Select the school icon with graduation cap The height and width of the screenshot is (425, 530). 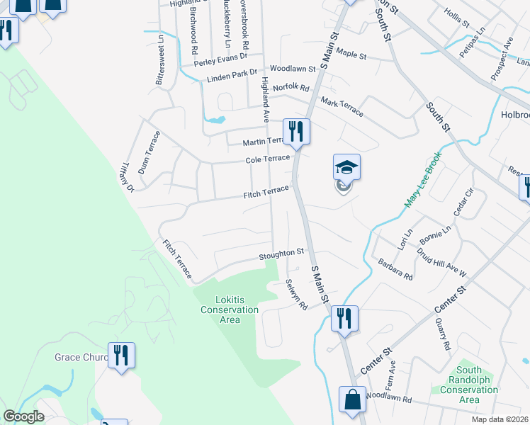click(346, 168)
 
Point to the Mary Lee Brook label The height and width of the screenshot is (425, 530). click(423, 178)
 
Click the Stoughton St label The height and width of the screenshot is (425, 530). click(281, 251)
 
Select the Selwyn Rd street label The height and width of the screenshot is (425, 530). click(296, 294)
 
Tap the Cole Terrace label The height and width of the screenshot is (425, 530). click(268, 159)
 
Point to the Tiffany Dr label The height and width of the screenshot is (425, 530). click(128, 176)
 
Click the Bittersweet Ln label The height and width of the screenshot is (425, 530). click(161, 60)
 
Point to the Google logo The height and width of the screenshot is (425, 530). click(24, 416)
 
